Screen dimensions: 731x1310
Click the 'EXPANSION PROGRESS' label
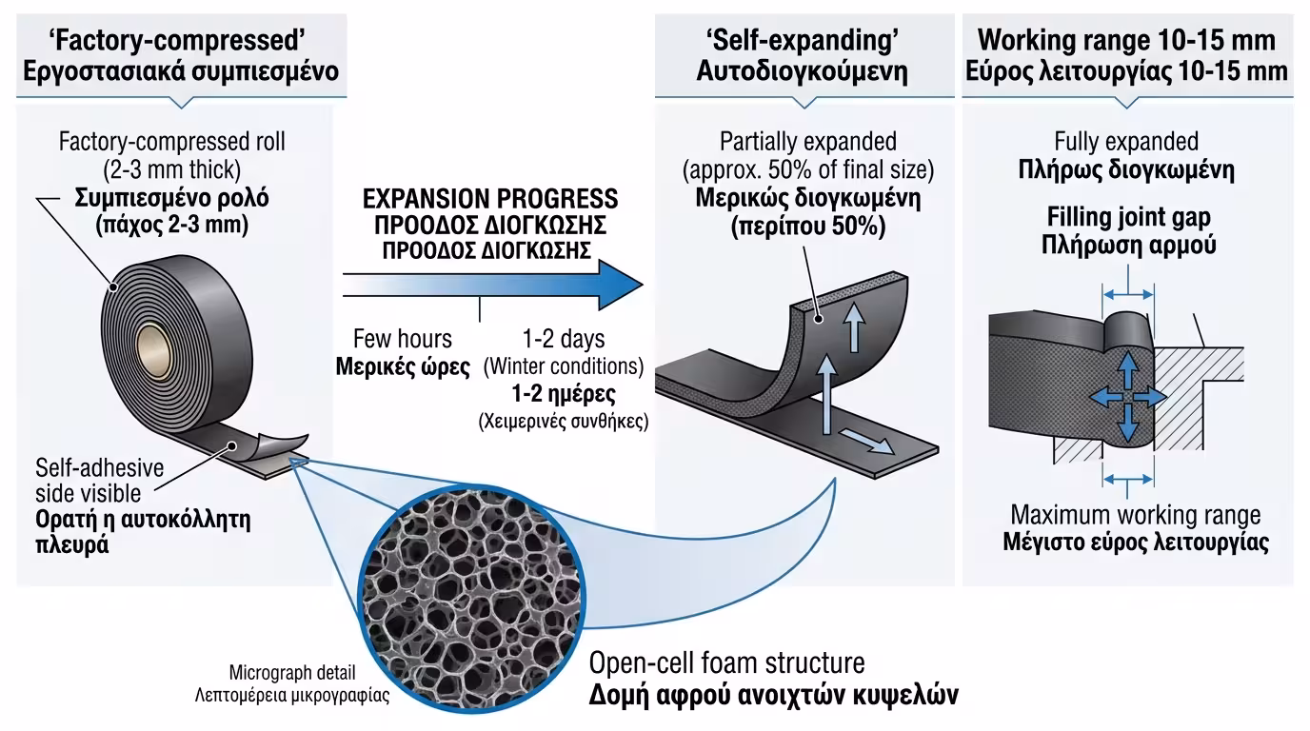click(489, 199)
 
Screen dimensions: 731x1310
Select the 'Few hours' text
click(403, 338)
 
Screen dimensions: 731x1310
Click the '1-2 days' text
click(563, 338)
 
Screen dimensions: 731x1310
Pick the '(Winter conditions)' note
click(564, 365)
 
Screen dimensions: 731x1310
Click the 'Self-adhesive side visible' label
click(100, 481)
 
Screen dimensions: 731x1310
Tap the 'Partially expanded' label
click(807, 142)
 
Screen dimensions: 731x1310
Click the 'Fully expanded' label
click(1126, 142)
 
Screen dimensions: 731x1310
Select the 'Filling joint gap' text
click(1128, 217)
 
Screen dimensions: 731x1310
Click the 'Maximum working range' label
click(1135, 515)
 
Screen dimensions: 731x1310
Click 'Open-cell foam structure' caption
click(726, 662)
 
